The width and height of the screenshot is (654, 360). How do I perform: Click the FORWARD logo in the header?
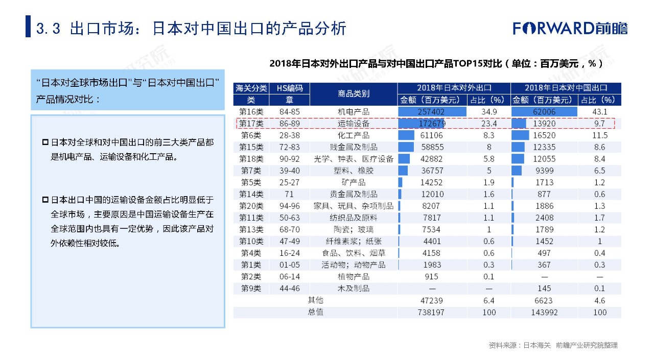(x=570, y=28)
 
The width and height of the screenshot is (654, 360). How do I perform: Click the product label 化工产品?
(x=354, y=135)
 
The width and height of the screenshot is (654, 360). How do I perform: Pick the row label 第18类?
(x=251, y=159)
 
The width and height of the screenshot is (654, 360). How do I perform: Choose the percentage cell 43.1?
(x=600, y=112)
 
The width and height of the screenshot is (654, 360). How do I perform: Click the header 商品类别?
(x=354, y=94)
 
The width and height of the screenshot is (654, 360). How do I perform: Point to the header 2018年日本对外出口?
(x=454, y=88)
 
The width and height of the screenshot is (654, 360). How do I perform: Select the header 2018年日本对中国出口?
(x=566, y=88)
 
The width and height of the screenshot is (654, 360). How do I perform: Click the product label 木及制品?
(x=354, y=289)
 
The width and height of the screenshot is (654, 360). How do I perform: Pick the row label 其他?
(x=315, y=300)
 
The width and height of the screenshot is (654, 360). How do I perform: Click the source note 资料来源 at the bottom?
(x=553, y=346)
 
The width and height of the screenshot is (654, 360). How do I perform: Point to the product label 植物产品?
(x=354, y=277)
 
